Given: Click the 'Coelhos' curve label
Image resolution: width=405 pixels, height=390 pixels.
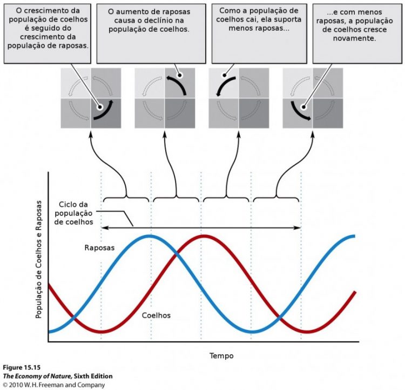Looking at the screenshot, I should tap(156, 314).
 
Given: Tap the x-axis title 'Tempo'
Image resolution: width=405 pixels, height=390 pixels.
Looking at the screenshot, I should tap(221, 356).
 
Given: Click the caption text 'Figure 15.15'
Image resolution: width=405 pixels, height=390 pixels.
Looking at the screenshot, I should tap(18, 367).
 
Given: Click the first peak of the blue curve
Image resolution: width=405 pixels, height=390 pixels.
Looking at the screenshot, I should tap(151, 236).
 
